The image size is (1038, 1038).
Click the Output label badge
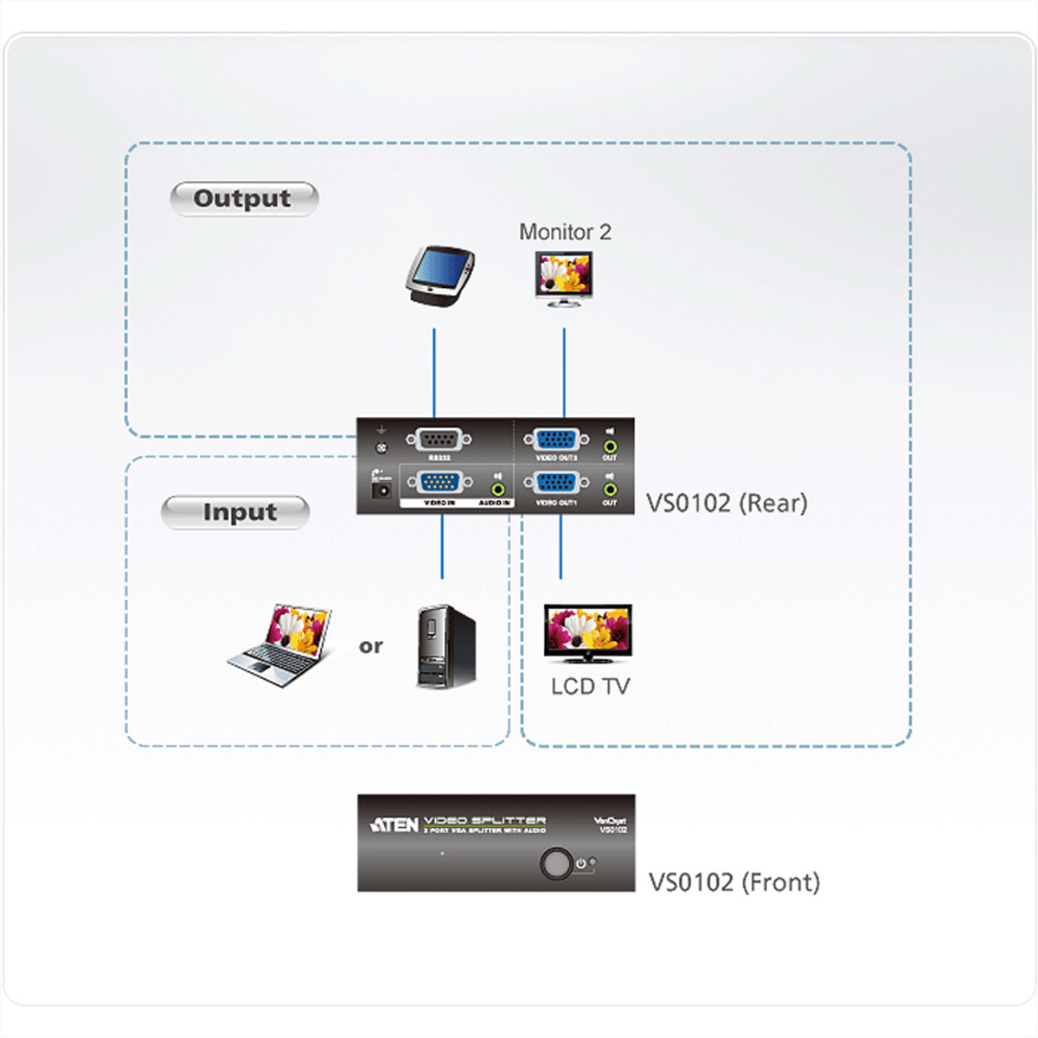click(243, 199)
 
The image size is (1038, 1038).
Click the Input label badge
click(235, 512)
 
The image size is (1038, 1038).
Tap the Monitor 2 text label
click(565, 232)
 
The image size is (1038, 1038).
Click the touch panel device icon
click(440, 276)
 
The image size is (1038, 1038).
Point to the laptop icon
click(281, 646)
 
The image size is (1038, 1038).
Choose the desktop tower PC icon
click(445, 646)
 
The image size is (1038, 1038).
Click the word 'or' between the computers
click(371, 646)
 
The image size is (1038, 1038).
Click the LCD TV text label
click(591, 687)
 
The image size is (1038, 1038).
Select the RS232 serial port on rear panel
click(439, 439)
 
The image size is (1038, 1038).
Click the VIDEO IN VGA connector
click(439, 483)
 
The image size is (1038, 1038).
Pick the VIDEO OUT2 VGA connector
click(557, 439)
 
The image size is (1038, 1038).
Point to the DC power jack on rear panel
click(379, 490)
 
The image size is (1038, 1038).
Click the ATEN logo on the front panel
click(394, 825)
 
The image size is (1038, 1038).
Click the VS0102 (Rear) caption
click(727, 503)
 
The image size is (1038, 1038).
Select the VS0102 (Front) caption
click(734, 882)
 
